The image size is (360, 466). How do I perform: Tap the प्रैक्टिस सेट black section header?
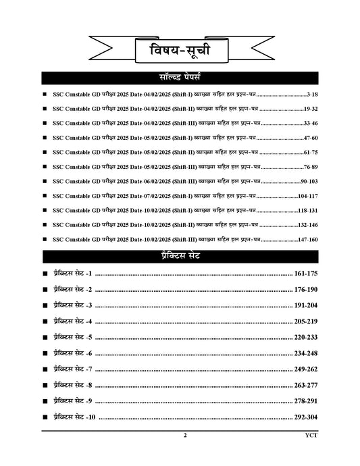(179, 256)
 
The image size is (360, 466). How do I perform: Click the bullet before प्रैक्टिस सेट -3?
(45, 306)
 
